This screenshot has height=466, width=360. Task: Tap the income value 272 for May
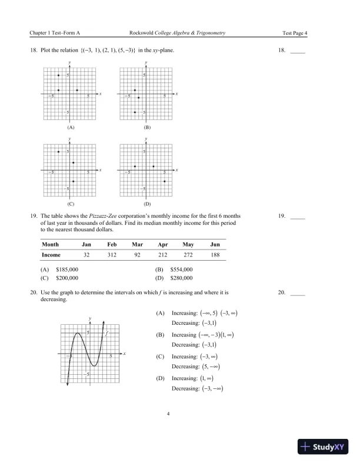[188, 255]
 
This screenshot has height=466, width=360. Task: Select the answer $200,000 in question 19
[66, 277]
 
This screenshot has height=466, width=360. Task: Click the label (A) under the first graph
[71, 127]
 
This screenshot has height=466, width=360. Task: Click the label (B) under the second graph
[147, 127]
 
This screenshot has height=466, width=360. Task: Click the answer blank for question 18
[298, 51]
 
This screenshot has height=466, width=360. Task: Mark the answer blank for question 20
[298, 292]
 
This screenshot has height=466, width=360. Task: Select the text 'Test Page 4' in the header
[295, 33]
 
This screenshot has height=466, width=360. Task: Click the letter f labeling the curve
[107, 333]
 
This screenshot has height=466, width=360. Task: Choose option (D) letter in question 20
[160, 379]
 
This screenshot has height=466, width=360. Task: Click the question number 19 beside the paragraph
[33, 216]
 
